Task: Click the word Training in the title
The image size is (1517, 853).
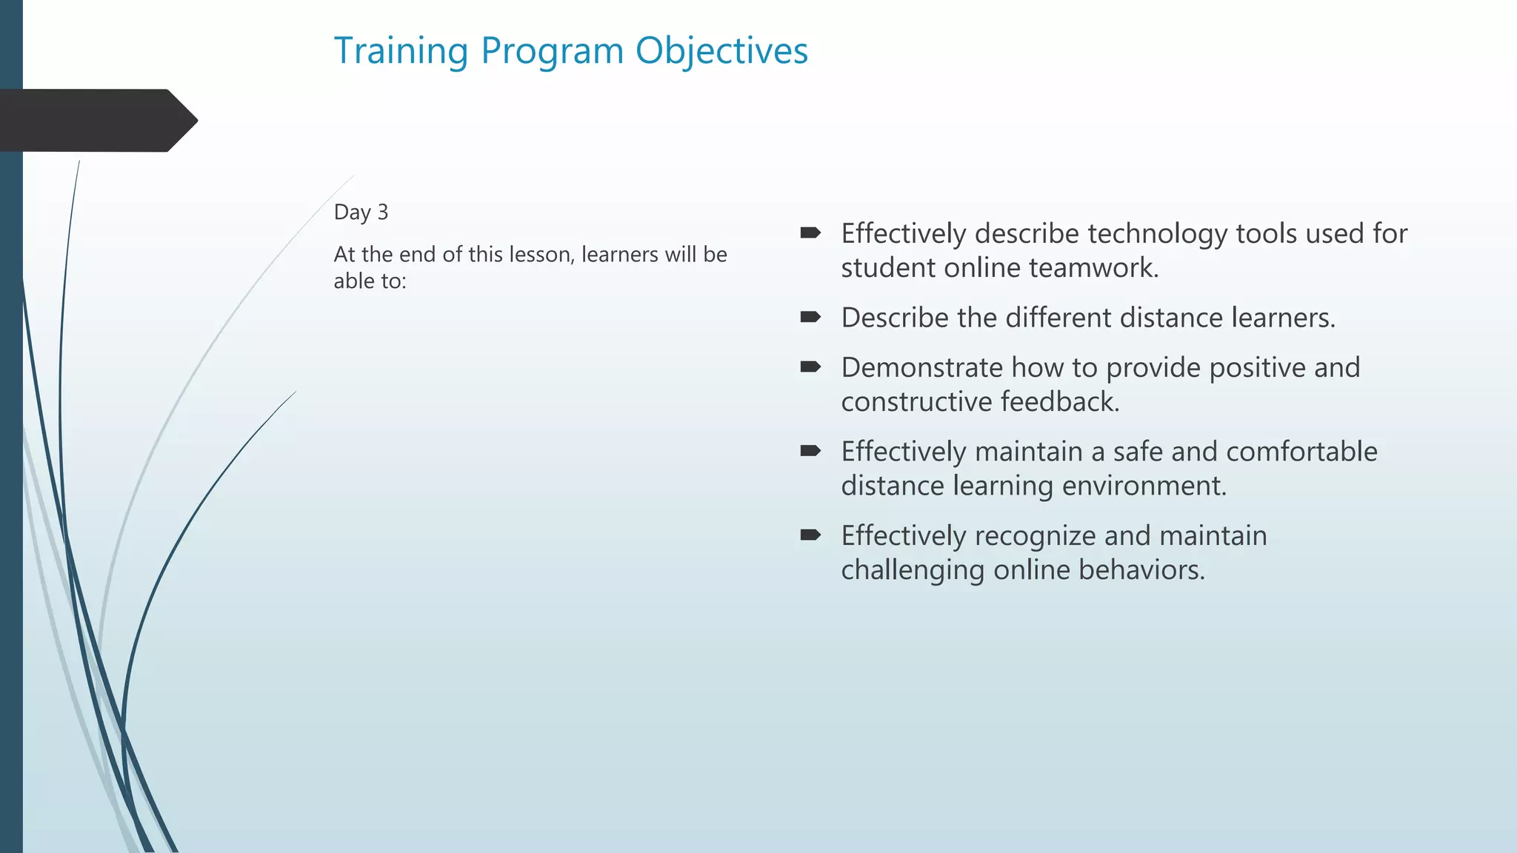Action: (401, 52)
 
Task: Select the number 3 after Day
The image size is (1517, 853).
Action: (382, 213)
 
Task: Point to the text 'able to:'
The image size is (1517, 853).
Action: (370, 281)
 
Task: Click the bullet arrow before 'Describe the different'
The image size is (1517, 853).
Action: (810, 318)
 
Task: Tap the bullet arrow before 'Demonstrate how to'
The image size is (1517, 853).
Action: (810, 367)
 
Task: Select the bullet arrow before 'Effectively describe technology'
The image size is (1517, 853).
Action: (810, 233)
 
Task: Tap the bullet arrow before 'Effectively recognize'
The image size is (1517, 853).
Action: (810, 535)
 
